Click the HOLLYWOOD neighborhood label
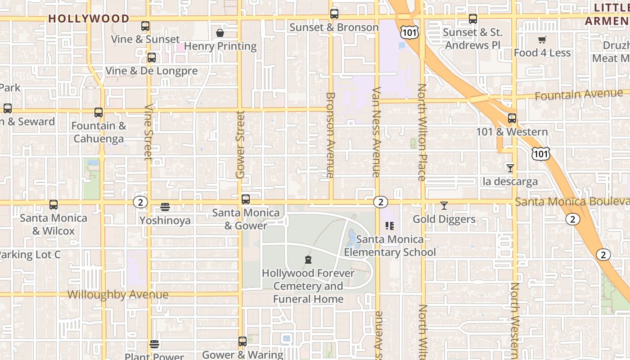[89, 18]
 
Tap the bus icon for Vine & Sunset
[145, 26]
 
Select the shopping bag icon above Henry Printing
[220, 33]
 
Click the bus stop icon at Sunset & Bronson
[334, 14]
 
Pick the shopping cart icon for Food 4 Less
[542, 40]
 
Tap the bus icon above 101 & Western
[512, 118]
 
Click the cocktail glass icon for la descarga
[510, 168]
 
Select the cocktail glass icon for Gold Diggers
[444, 206]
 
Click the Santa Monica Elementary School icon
[390, 226]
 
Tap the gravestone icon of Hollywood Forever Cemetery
[308, 260]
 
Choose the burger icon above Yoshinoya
[165, 207]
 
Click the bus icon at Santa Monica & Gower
[246, 199]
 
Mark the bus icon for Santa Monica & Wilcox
[54, 205]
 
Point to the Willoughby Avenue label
[118, 295]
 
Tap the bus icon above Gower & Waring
[243, 342]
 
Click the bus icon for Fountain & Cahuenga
[99, 112]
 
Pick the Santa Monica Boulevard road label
[571, 202]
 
